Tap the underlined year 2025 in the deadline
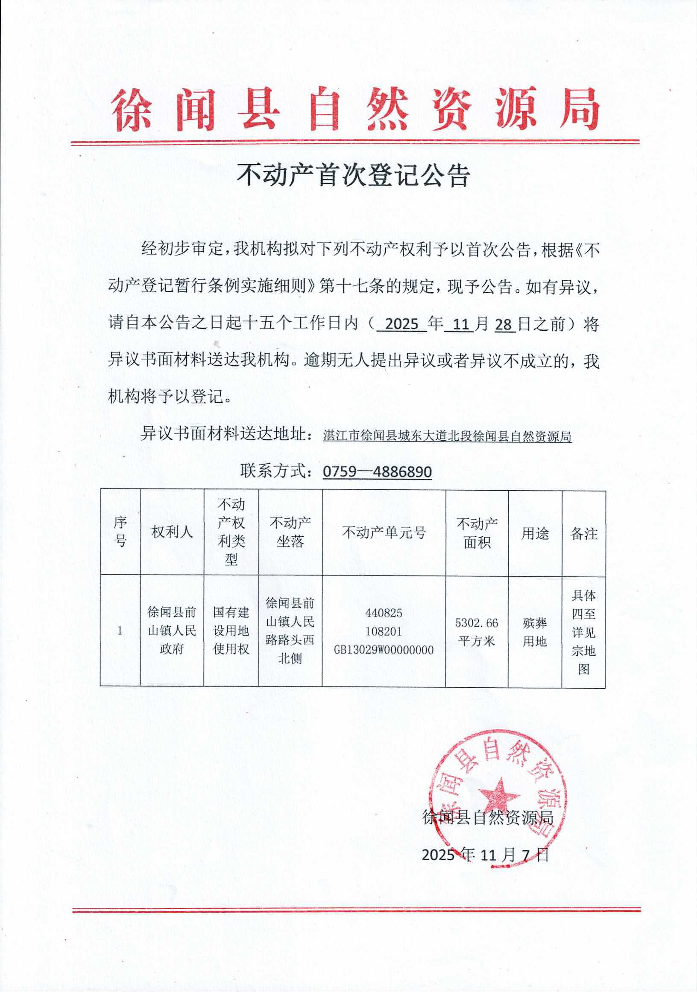[401, 324]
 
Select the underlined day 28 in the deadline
[503, 324]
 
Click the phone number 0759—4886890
[377, 471]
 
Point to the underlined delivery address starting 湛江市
[447, 436]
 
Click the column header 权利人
[172, 532]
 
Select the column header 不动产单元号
[384, 532]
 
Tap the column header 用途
[535, 534]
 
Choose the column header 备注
[584, 534]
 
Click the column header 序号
[120, 532]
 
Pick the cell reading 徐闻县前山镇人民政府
[172, 630]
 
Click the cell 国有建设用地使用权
[231, 630]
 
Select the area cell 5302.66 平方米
[477, 631]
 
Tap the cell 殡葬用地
[535, 632]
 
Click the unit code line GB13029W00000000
[384, 650]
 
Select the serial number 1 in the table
[120, 631]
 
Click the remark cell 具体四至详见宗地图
[584, 632]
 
